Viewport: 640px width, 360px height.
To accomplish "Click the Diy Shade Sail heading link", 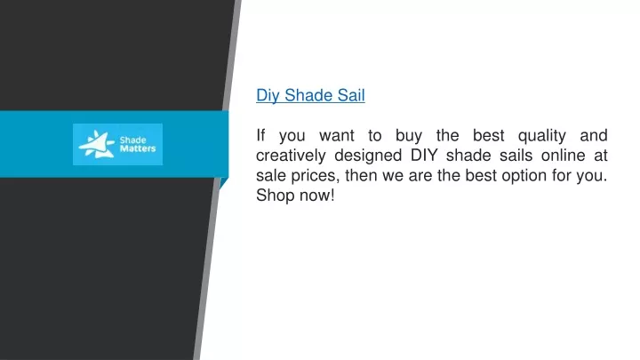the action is coord(310,95).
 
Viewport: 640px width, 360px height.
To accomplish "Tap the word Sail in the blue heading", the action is coord(351,95).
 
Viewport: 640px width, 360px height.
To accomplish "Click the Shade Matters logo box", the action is coord(117,144).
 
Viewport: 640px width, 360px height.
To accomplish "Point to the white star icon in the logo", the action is coord(96,144).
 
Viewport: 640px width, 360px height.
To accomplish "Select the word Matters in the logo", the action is coord(138,148).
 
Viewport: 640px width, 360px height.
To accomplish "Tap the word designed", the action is coord(368,156).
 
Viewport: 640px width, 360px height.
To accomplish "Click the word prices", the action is coord(315,176).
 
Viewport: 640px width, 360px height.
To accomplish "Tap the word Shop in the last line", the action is coord(275,196).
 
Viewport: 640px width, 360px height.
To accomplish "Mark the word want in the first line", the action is coord(336,136).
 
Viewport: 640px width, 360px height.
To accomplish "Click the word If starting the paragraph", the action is coord(260,135).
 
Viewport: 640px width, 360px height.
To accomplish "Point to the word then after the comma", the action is coord(361,175).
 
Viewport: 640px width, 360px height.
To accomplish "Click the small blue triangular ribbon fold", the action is coord(223,181).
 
